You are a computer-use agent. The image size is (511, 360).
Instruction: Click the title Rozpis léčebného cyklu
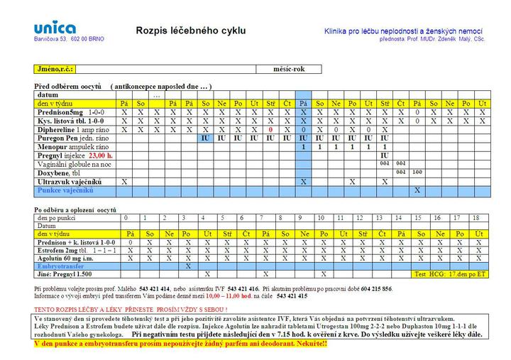click(191, 31)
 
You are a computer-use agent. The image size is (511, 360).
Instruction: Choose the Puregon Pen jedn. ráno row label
click(71, 138)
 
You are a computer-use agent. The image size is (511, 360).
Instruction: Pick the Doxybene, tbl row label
click(58, 173)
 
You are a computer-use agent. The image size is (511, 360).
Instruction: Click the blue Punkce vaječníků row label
click(66, 190)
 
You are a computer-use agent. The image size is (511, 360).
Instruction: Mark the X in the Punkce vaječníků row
click(417, 190)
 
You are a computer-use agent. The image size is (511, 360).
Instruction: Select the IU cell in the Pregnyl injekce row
click(384, 155)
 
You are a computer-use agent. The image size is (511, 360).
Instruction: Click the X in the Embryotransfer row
click(187, 266)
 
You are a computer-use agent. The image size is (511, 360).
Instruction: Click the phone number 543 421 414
click(154, 290)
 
